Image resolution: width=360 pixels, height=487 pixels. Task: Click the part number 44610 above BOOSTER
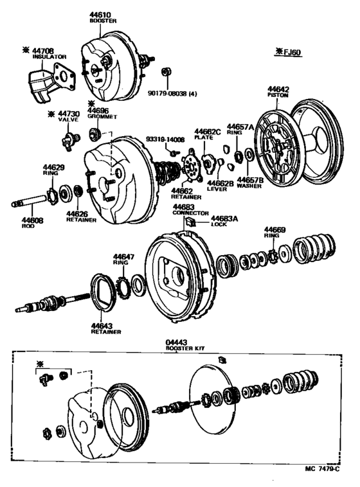100,14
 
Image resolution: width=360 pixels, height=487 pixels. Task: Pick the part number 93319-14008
165,139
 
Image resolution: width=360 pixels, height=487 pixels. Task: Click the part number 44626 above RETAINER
77,213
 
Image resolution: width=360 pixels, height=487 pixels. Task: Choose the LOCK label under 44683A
219,224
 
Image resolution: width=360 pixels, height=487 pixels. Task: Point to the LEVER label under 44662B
217,190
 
